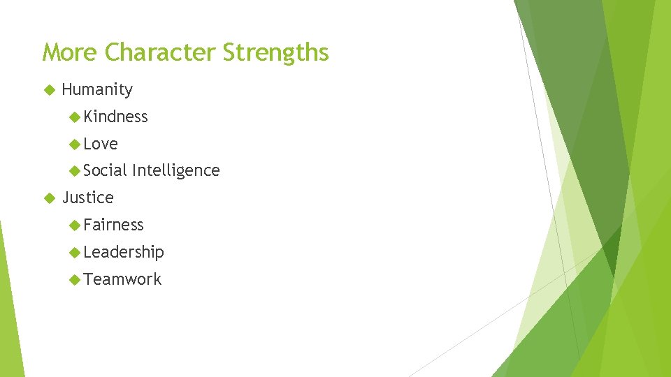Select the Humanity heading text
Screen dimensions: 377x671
[97, 89]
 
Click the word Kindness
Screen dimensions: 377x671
[115, 117]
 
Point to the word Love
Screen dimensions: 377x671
[101, 144]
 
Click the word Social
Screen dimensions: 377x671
[105, 170]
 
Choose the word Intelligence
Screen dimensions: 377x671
[175, 170]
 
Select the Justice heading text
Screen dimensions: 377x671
[87, 198]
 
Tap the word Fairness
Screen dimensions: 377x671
[113, 225]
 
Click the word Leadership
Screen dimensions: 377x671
[124, 252]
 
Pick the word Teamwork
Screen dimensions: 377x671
[122, 279]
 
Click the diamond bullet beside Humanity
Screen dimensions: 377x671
[48, 90]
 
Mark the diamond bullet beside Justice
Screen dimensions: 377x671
[48, 198]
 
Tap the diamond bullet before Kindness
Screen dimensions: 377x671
[75, 117]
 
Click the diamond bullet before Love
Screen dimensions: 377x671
[75, 144]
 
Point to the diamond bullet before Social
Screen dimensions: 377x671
[75, 170]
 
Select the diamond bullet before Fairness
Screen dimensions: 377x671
[75, 225]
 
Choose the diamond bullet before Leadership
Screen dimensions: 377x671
[75, 252]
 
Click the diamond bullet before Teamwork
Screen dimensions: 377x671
[75, 279]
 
